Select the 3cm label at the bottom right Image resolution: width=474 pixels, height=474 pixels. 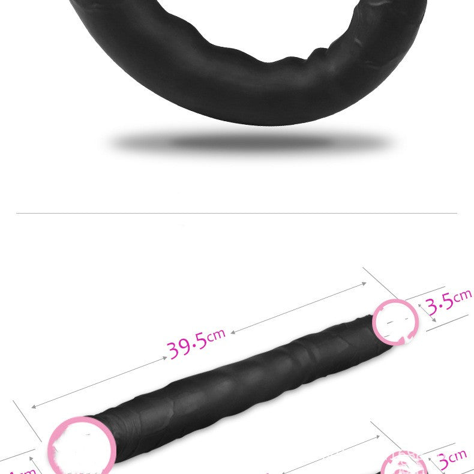coord(452,460)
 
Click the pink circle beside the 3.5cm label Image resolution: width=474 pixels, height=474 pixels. coord(395,322)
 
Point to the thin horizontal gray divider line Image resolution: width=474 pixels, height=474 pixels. coord(236,213)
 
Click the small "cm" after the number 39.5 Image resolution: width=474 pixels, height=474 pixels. coord(217,334)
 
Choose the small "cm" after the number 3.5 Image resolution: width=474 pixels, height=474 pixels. coord(463,295)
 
